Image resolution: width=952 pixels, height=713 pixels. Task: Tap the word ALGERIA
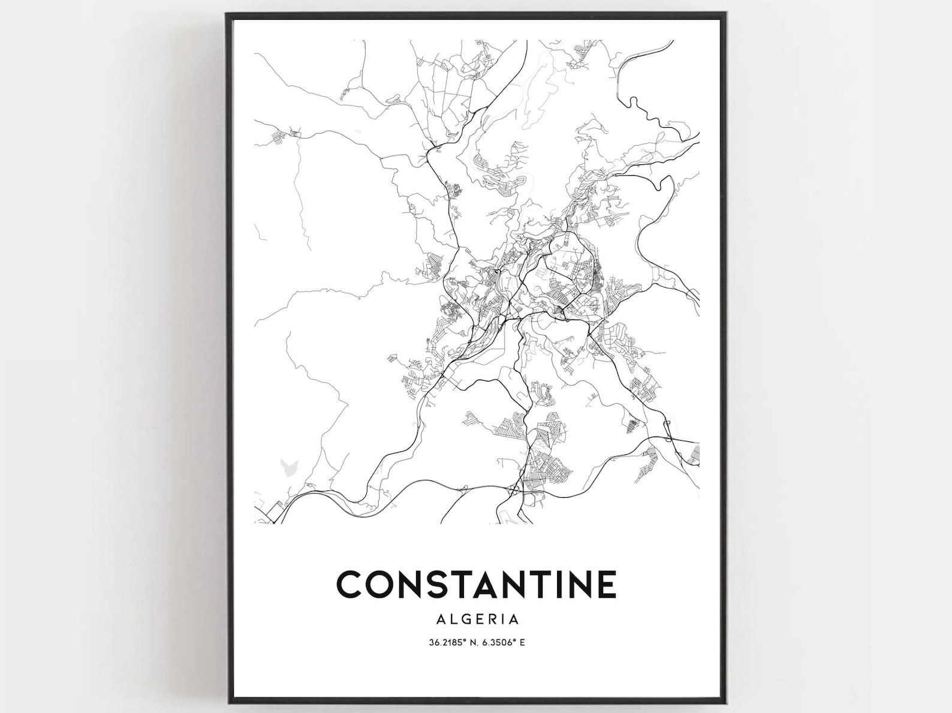click(477, 619)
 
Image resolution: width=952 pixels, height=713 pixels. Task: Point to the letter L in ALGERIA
click(451, 619)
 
